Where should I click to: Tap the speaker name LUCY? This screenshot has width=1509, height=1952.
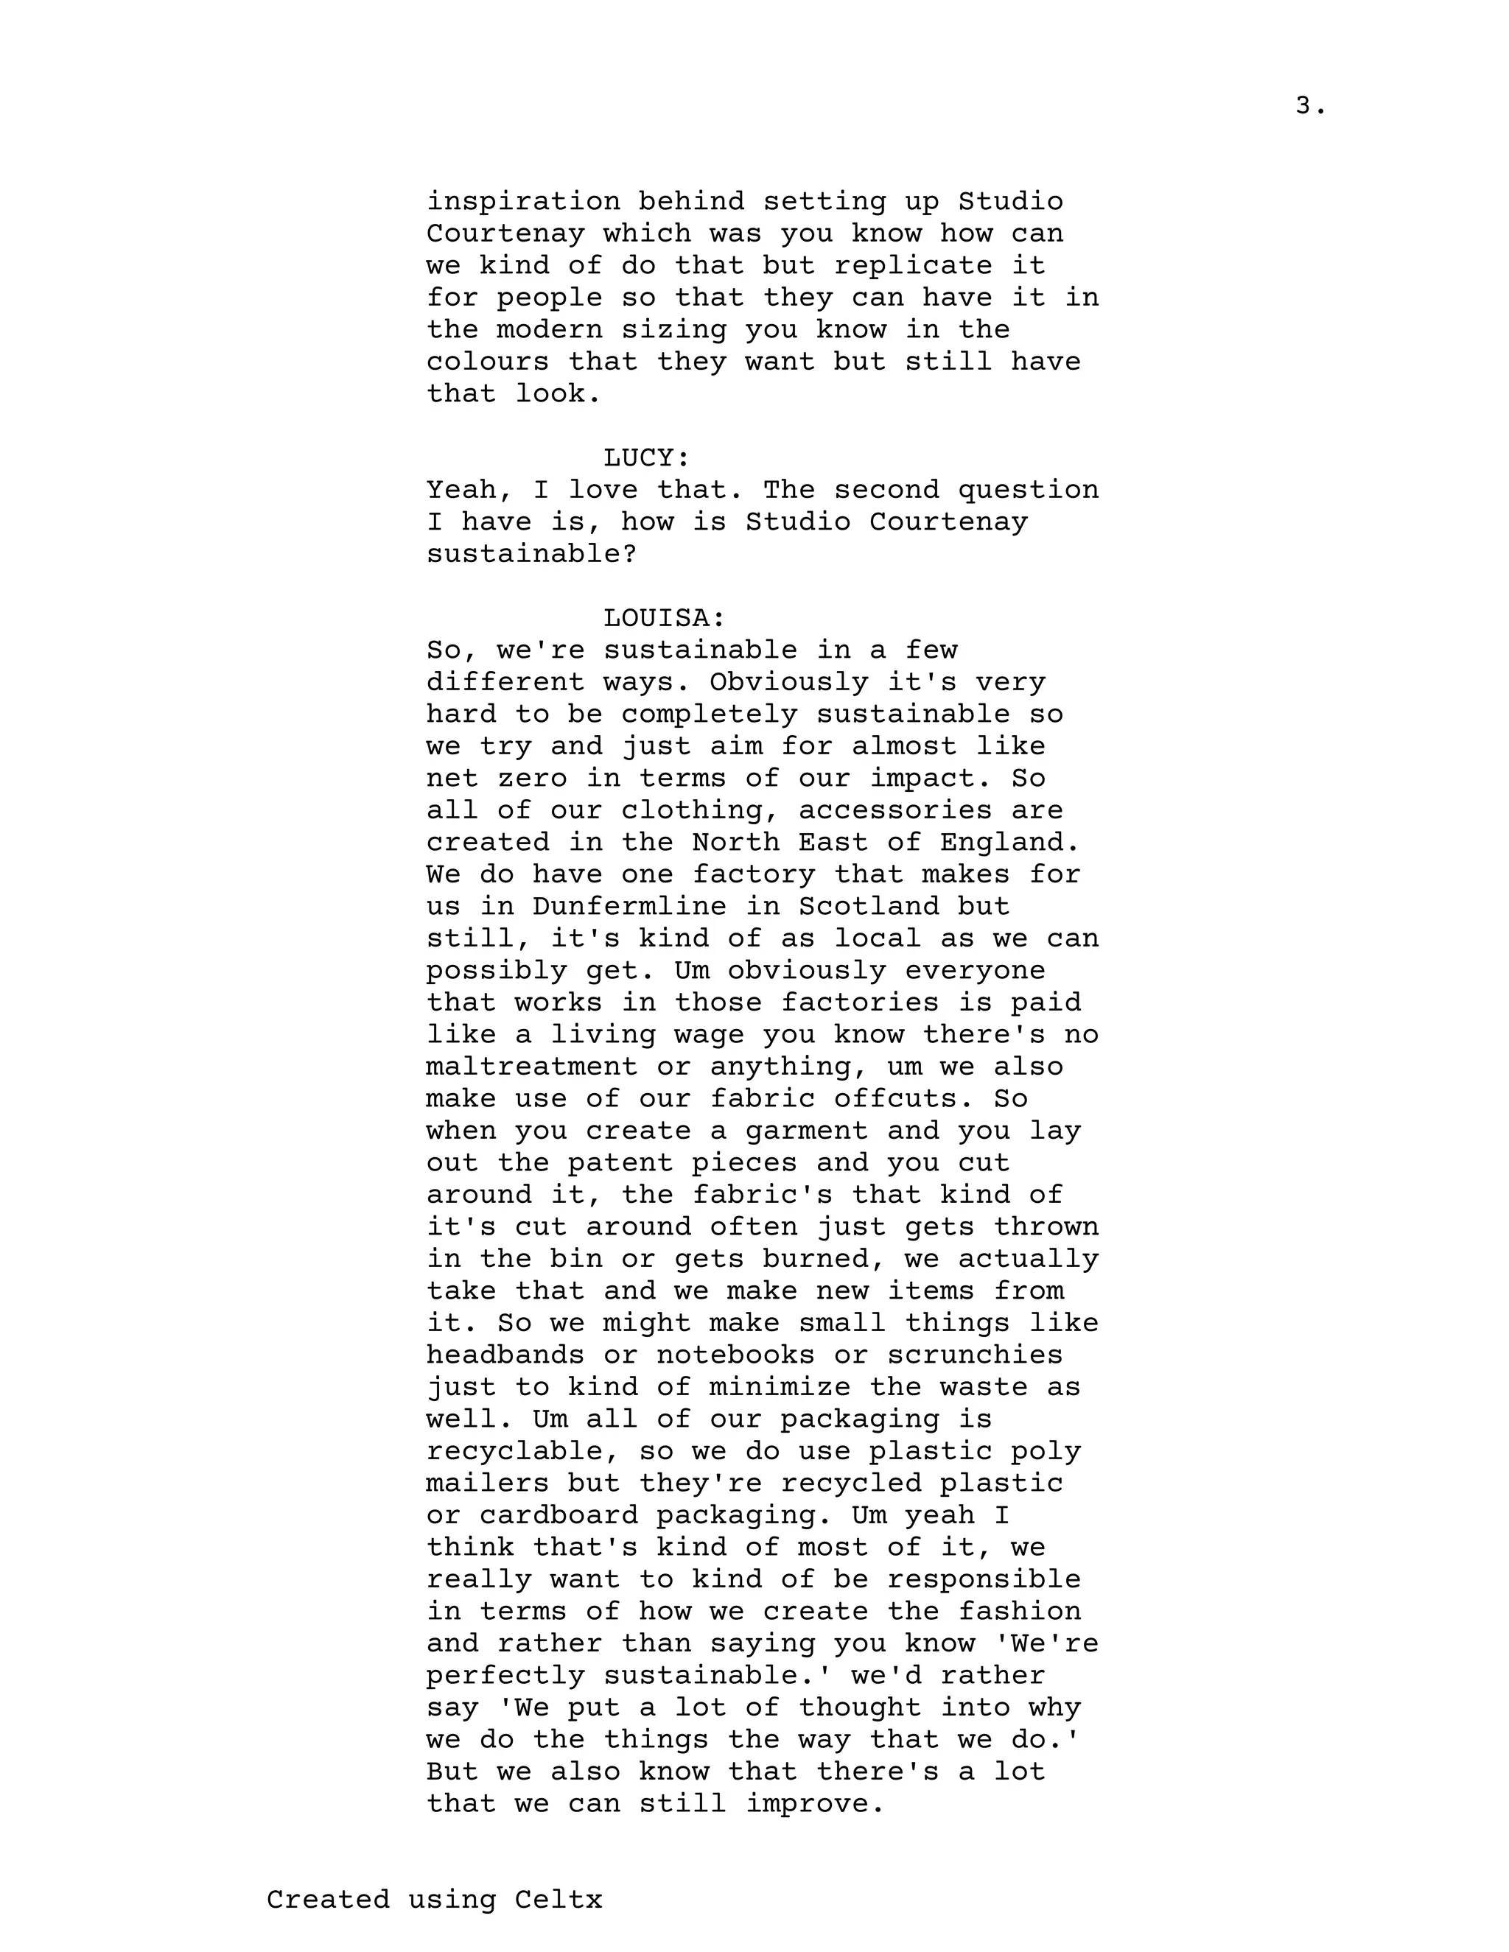point(646,458)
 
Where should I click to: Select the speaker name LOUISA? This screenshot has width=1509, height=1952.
point(663,619)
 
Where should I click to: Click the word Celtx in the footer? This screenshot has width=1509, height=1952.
point(559,1899)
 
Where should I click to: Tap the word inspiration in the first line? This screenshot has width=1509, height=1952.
point(522,202)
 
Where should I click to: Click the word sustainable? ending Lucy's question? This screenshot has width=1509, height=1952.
point(531,554)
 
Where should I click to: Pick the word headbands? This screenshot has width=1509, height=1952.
point(505,1355)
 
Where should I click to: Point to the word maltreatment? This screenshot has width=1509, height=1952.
point(531,1067)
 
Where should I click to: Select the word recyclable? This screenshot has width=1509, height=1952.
point(522,1452)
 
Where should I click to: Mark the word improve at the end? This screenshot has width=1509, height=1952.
point(816,1804)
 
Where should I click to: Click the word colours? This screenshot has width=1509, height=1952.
point(487,362)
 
